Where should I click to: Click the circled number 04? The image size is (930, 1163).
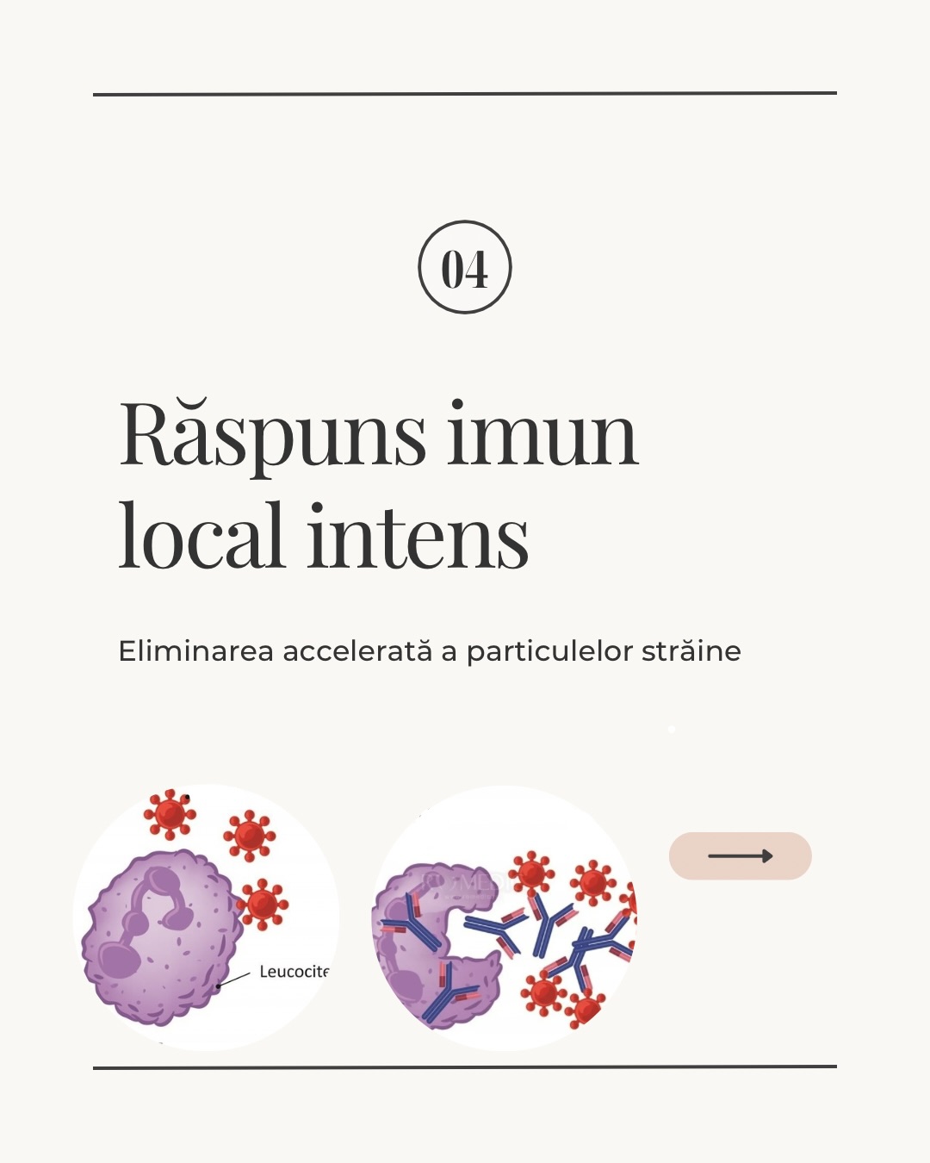[465, 267]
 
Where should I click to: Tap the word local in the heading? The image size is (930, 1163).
[201, 535]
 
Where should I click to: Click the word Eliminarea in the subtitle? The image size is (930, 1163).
[195, 650]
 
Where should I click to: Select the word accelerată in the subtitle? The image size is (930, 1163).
[357, 650]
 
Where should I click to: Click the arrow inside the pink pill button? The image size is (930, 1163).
[741, 855]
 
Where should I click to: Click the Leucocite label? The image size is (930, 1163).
[294, 972]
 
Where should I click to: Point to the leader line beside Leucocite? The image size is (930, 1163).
[233, 979]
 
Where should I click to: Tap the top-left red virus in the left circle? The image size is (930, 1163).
[170, 814]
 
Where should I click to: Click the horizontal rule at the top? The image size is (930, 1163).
[465, 94]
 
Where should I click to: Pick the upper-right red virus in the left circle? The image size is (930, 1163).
[249, 836]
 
